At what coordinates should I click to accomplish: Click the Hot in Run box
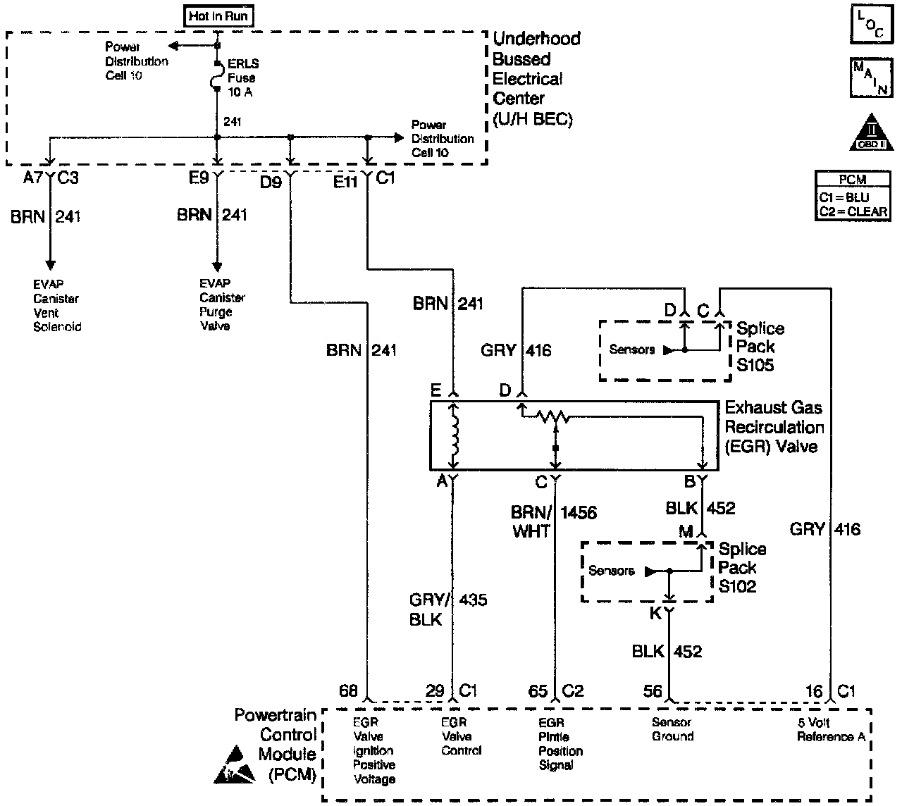point(218,16)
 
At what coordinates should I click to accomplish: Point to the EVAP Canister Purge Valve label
point(222,305)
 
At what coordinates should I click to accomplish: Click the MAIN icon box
point(871,77)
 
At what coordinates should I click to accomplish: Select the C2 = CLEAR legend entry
point(853,211)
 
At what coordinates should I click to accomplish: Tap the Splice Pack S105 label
point(760,347)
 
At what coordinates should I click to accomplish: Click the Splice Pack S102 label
point(742,567)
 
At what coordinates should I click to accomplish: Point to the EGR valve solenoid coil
point(454,436)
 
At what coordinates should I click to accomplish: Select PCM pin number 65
point(538,691)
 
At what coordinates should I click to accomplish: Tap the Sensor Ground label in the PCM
point(673,729)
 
